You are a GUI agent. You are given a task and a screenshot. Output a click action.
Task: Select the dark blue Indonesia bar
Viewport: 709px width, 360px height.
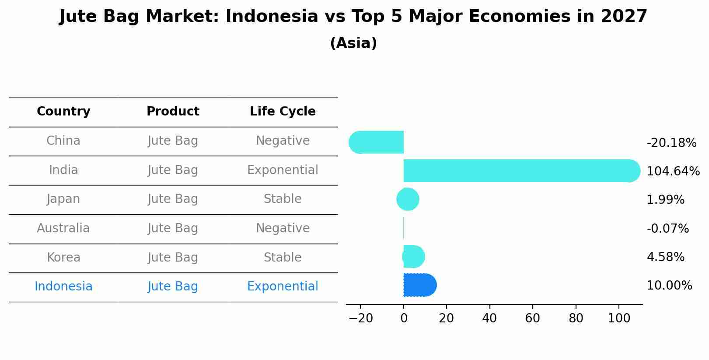[x=419, y=285]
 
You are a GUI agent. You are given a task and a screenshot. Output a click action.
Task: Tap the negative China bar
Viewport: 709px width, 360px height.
[x=377, y=142]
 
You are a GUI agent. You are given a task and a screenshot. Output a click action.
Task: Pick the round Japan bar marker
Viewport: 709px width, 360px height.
[x=408, y=199]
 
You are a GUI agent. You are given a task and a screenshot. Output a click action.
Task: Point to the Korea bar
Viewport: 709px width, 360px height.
[x=413, y=257]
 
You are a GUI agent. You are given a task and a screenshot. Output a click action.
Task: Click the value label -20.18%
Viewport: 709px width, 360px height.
[x=671, y=143]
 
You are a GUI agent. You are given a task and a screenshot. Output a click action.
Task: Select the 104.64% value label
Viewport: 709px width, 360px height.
[x=673, y=171]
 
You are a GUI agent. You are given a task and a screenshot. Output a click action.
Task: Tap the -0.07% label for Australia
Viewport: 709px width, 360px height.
[x=667, y=228]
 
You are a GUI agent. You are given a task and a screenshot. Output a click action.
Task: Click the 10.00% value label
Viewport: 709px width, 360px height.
[x=669, y=286]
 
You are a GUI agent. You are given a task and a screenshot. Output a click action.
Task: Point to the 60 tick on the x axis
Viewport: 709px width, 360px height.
[x=532, y=318]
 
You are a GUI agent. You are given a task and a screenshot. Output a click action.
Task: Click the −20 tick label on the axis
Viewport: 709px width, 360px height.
[x=360, y=318]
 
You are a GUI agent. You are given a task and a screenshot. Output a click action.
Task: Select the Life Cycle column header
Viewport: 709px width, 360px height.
[x=283, y=112]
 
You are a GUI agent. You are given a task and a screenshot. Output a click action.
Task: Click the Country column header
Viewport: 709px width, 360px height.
[x=63, y=112]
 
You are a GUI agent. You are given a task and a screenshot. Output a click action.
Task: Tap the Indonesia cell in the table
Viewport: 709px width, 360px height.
[x=63, y=287]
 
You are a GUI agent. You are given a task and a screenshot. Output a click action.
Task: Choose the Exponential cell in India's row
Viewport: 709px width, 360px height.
[x=283, y=170]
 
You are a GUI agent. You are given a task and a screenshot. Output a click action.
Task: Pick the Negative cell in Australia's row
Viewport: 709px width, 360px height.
[x=283, y=228]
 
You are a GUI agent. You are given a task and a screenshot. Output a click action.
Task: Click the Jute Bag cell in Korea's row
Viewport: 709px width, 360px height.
[x=173, y=258]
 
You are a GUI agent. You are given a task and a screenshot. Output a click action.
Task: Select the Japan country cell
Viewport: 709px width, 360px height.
[x=63, y=199]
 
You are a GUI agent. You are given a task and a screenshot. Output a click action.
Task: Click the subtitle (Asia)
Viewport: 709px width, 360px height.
[x=353, y=43]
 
